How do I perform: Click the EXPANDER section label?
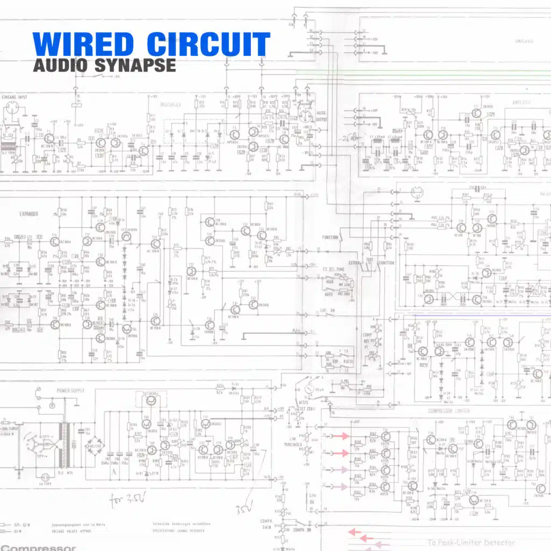tap(29, 214)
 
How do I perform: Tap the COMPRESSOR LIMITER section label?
tap(449, 411)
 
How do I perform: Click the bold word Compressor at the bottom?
tap(38, 547)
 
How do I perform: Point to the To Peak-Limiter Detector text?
tap(471, 542)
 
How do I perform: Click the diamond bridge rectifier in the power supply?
tap(97, 446)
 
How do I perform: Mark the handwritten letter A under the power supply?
tap(114, 472)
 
